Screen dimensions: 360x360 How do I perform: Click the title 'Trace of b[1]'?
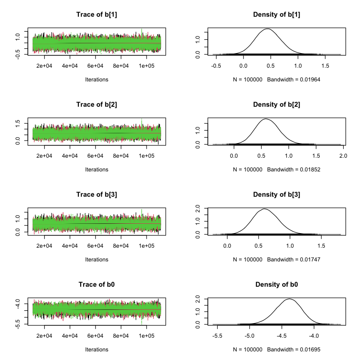point(96,15)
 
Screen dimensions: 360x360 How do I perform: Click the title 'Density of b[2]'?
point(276,105)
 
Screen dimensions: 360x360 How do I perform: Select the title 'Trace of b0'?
point(96,285)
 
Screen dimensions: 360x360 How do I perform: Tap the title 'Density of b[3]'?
point(276,195)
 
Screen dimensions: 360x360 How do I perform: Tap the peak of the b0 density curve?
point(290,299)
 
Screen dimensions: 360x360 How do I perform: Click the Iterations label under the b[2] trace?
point(96,169)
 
